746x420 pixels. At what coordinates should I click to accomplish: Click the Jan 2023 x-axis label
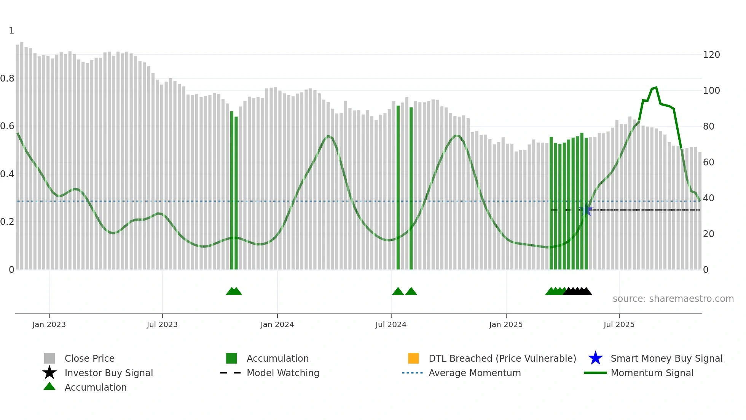tap(49, 324)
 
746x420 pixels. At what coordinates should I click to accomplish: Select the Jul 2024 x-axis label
tap(391, 324)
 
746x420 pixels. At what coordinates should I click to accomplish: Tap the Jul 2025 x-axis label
tap(619, 324)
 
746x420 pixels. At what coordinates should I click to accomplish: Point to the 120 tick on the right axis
tap(711, 55)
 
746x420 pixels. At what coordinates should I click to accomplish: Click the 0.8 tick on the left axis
tap(7, 79)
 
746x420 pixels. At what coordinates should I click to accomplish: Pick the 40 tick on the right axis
tap(708, 198)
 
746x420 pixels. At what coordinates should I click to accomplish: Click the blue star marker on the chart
tap(586, 211)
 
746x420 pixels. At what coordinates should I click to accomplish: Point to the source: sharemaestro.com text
tap(673, 299)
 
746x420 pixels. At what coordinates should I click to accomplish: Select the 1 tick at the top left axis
tap(11, 30)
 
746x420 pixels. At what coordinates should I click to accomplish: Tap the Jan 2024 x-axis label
tap(277, 324)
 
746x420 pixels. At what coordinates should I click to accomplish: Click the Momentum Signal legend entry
tap(652, 373)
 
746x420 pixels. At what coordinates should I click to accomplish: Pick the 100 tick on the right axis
tap(711, 91)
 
